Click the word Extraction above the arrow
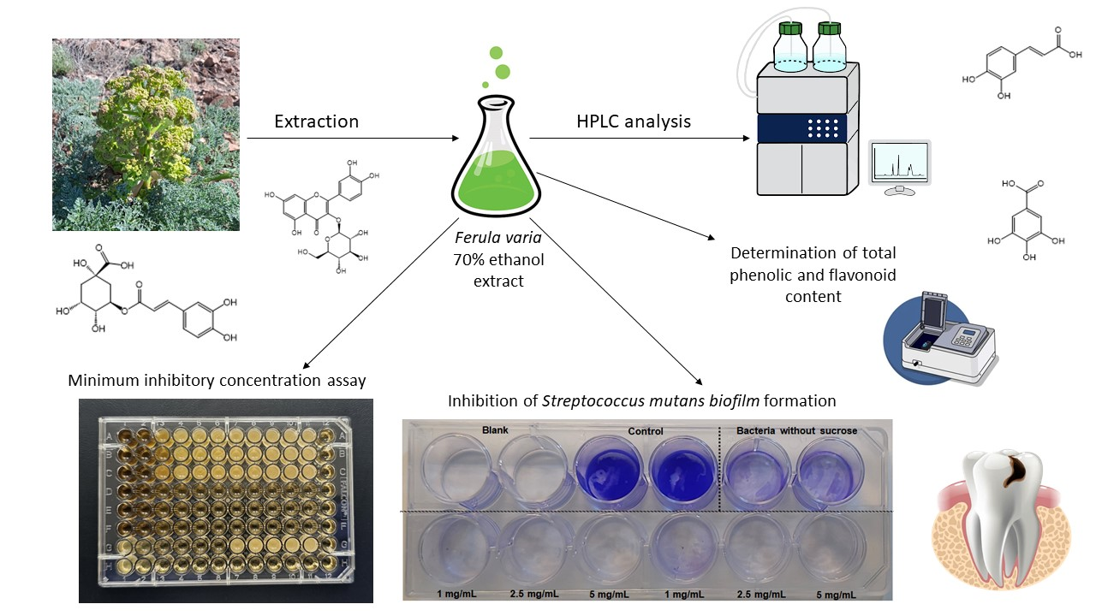pyautogui.click(x=316, y=121)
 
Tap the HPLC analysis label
pyautogui.click(x=634, y=121)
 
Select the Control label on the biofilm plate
pyautogui.click(x=646, y=430)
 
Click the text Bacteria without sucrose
pyautogui.click(x=796, y=430)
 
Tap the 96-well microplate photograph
pyautogui.click(x=214, y=500)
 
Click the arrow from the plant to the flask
pyautogui.click(x=351, y=138)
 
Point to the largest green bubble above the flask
pyautogui.click(x=503, y=71)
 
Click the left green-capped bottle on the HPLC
pyautogui.click(x=789, y=47)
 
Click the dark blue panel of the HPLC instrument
pyautogui.click(x=801, y=127)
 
